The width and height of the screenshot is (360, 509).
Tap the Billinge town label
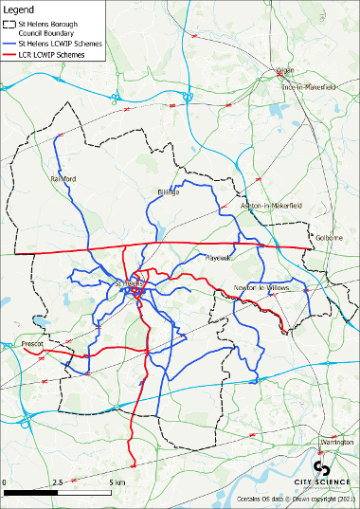tap(168, 191)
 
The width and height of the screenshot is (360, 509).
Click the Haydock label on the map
tap(218, 257)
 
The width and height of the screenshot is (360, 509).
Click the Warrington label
tap(334, 443)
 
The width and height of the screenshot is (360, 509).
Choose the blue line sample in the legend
tap(15, 44)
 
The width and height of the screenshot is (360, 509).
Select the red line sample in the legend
tap(15, 55)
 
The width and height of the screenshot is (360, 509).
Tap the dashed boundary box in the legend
tap(15, 27)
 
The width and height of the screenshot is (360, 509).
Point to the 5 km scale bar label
tap(115, 482)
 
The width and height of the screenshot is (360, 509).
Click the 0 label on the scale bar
tap(5, 482)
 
